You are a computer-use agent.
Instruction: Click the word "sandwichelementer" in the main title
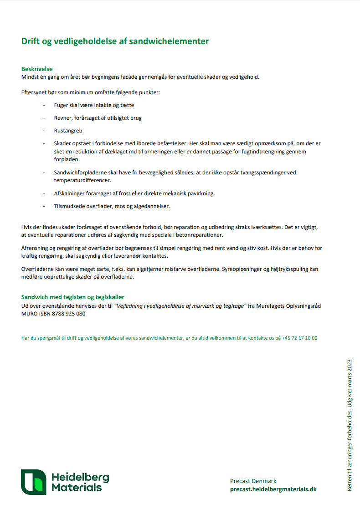tap(169, 41)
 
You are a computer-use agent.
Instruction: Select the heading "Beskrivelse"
tap(37, 69)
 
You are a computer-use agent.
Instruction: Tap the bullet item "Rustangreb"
tap(68, 131)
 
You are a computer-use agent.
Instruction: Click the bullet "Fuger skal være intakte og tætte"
tap(94, 105)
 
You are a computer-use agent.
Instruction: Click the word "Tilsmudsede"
tap(69, 206)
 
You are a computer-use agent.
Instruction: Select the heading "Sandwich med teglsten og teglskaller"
tap(73, 297)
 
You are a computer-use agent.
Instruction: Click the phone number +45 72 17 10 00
tap(299, 338)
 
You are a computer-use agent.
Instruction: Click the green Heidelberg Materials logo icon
tap(33, 482)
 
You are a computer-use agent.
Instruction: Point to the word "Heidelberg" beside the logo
tap(80, 477)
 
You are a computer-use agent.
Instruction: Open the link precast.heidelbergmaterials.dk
tap(273, 489)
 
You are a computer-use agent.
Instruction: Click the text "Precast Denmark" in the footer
tap(253, 481)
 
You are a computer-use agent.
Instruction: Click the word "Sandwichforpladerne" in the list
tap(80, 173)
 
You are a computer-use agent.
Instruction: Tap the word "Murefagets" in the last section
tap(270, 306)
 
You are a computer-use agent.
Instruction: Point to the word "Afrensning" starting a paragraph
tap(35, 248)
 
